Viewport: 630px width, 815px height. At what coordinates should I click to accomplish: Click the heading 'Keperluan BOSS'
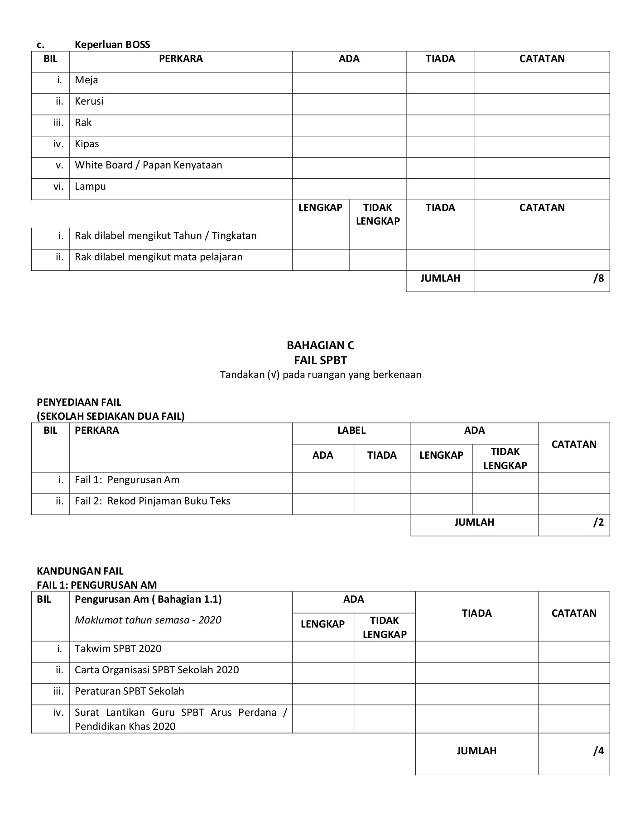point(112,44)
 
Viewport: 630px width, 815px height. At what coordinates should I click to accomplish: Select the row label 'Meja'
point(87,80)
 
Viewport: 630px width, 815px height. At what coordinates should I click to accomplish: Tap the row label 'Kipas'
point(87,144)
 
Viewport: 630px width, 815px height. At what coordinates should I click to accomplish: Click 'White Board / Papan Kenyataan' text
point(149,165)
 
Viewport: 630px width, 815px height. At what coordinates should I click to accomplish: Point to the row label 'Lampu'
point(90,187)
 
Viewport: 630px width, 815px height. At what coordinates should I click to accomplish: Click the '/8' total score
point(598,278)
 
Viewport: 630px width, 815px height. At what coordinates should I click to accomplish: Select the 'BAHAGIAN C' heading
point(320,345)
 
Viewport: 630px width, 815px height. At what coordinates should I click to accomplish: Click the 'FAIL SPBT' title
point(320,360)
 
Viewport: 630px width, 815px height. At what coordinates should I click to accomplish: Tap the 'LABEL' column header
point(351,431)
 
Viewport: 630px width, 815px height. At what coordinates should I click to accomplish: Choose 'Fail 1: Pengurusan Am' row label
point(127,480)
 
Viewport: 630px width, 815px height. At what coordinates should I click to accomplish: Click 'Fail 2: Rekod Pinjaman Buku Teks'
point(153,501)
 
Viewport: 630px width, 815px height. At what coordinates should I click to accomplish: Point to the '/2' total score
point(598,523)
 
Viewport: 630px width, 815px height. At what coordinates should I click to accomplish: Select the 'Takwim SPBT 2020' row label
point(118,649)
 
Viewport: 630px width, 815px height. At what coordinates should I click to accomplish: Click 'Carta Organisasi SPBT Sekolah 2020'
point(157,670)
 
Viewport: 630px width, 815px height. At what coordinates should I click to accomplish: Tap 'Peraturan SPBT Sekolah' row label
point(130,691)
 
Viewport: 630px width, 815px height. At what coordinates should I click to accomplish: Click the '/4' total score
point(598,751)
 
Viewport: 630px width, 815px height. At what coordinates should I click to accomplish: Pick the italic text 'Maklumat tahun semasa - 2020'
point(148,620)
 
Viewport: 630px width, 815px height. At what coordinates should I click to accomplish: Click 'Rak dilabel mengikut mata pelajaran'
point(159,257)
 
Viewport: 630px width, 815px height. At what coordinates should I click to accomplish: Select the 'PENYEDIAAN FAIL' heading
point(79,403)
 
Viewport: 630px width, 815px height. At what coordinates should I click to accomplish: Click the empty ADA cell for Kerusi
point(349,104)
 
